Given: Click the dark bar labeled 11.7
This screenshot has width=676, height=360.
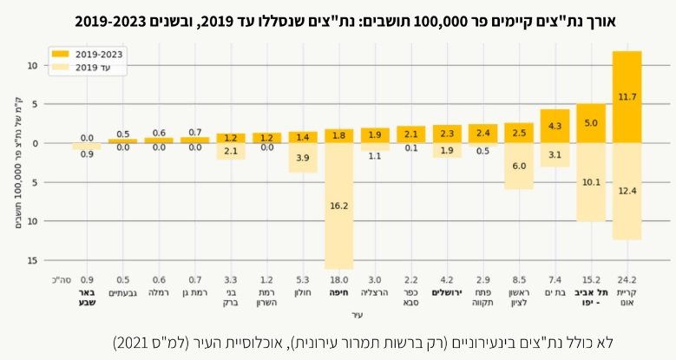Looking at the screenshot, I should tap(627, 97).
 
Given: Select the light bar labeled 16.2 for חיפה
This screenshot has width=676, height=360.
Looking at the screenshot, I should tap(339, 206).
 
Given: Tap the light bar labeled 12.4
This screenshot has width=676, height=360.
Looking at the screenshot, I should tap(627, 191).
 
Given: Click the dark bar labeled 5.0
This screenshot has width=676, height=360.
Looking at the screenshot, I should tap(590, 123).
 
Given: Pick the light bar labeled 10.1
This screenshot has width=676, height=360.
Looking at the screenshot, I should tap(590, 182).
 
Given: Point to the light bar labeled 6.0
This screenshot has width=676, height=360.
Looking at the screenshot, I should tap(519, 166).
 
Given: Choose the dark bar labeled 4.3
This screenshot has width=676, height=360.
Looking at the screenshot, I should tap(555, 126).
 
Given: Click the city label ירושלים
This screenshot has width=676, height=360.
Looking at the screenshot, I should tap(447, 293).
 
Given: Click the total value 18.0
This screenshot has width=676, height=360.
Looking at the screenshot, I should tap(339, 279).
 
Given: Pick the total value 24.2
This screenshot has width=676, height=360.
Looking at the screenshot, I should tap(627, 279).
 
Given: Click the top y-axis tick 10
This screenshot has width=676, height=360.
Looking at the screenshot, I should tap(54, 65).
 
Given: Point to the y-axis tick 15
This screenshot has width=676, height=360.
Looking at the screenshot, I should tap(54, 260).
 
